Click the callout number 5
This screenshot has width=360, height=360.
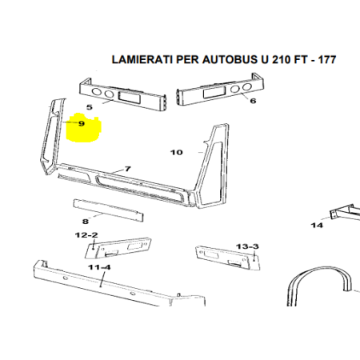(90, 107)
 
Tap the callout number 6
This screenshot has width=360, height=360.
(253, 101)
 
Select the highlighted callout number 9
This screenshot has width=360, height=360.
(82, 123)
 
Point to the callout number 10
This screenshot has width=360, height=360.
(177, 152)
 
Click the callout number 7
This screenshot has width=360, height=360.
(128, 169)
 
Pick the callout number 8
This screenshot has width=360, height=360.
(85, 222)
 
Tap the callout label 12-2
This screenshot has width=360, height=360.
(86, 235)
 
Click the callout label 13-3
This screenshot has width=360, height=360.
(247, 246)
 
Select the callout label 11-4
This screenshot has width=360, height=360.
(99, 267)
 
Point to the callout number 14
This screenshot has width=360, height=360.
(317, 226)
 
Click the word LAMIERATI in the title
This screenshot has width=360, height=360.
(142, 59)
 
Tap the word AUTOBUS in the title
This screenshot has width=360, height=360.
(230, 59)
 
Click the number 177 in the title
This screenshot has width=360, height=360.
(327, 59)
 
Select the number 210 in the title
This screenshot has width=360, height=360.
(282, 59)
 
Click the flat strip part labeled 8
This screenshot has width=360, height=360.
(108, 210)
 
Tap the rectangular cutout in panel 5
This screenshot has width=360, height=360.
(129, 97)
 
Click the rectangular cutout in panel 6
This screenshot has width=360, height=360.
(214, 93)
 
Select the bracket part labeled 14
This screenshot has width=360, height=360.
(346, 213)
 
